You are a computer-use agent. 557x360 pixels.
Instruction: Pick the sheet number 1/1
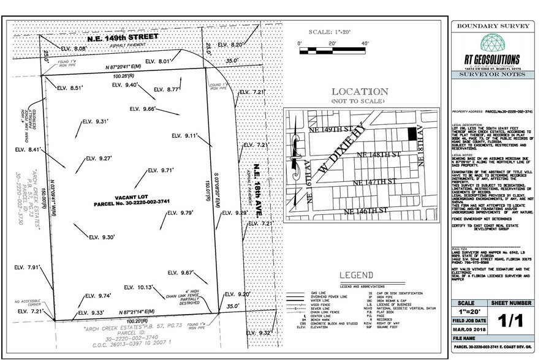(x=521, y=321)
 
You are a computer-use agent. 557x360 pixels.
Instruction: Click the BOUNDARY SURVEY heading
(x=497, y=26)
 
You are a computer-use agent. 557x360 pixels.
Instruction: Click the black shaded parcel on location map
(x=412, y=130)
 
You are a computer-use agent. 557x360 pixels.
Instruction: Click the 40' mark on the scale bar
(x=365, y=44)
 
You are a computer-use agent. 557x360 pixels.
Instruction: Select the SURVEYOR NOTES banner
(x=497, y=75)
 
